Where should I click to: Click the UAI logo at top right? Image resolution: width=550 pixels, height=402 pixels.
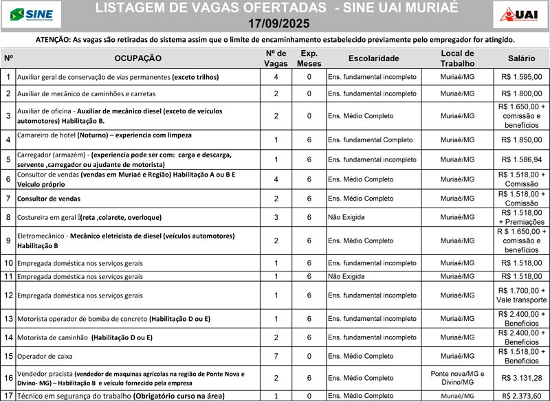pos(520,13)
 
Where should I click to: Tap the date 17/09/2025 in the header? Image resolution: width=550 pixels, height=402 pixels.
pos(276,23)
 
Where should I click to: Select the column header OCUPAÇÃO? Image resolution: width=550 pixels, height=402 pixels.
pos(137,58)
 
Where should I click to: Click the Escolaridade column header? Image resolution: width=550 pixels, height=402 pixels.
pos(373,58)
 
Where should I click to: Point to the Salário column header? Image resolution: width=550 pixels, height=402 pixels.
pos(521,58)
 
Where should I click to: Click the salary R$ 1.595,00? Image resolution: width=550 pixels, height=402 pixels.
pos(521,77)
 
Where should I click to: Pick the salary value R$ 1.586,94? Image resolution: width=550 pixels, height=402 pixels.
pos(521,159)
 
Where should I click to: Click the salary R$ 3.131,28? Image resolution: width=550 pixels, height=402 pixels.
pos(521,378)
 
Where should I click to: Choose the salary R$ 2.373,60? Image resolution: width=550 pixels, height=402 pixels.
pos(521,396)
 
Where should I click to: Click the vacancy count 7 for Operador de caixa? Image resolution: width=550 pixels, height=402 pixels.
pos(276,357)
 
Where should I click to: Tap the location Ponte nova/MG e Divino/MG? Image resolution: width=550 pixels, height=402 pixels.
pos(457,378)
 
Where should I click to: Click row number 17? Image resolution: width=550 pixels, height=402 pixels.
pos(8,396)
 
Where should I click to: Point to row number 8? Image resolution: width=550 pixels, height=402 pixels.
pos(8,218)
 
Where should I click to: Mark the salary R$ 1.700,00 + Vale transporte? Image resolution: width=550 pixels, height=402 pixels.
pos(521,295)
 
